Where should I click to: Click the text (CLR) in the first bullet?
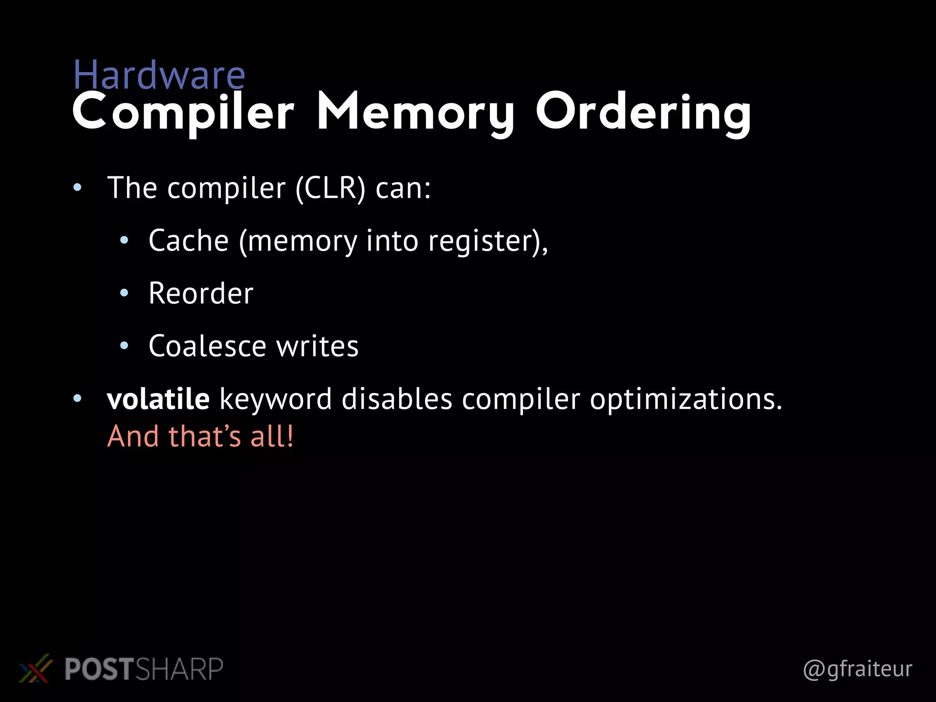(x=330, y=188)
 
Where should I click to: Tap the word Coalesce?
(x=207, y=346)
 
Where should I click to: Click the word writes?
(x=317, y=346)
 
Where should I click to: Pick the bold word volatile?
(x=158, y=399)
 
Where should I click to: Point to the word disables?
(x=397, y=399)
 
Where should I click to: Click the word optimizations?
(x=686, y=399)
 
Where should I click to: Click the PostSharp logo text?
(x=144, y=669)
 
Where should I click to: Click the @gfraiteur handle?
(x=857, y=669)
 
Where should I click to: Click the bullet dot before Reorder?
(x=124, y=293)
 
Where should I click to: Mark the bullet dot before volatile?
(x=77, y=399)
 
